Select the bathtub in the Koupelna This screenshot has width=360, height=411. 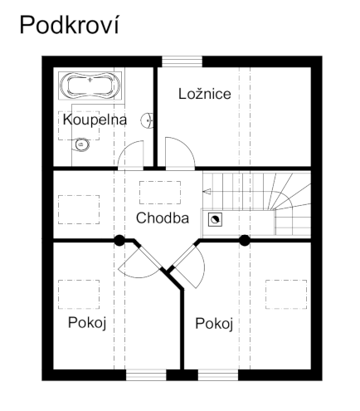pyautogui.click(x=90, y=86)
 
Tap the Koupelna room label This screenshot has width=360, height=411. pyautogui.click(x=95, y=120)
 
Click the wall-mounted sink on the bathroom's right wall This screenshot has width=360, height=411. pyautogui.click(x=148, y=121)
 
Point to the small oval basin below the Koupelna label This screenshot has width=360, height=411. pyautogui.click(x=82, y=145)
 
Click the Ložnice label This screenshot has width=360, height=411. pyautogui.click(x=205, y=94)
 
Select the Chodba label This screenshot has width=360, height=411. pyautogui.click(x=163, y=219)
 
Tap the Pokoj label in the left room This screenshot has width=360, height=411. pyautogui.click(x=85, y=321)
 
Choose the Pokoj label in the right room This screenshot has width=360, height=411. pyautogui.click(x=213, y=323)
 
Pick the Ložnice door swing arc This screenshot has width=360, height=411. pyautogui.click(x=180, y=154)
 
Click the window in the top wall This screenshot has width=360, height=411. pyautogui.click(x=182, y=61)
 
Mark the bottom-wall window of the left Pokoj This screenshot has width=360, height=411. pyautogui.click(x=146, y=374)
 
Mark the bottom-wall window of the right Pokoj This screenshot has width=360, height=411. pyautogui.click(x=218, y=374)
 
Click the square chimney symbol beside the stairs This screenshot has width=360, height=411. pyautogui.click(x=215, y=219)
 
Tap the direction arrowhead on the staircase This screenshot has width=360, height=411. pyautogui.click(x=208, y=192)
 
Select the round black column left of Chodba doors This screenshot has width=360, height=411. pyautogui.click(x=119, y=241)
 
